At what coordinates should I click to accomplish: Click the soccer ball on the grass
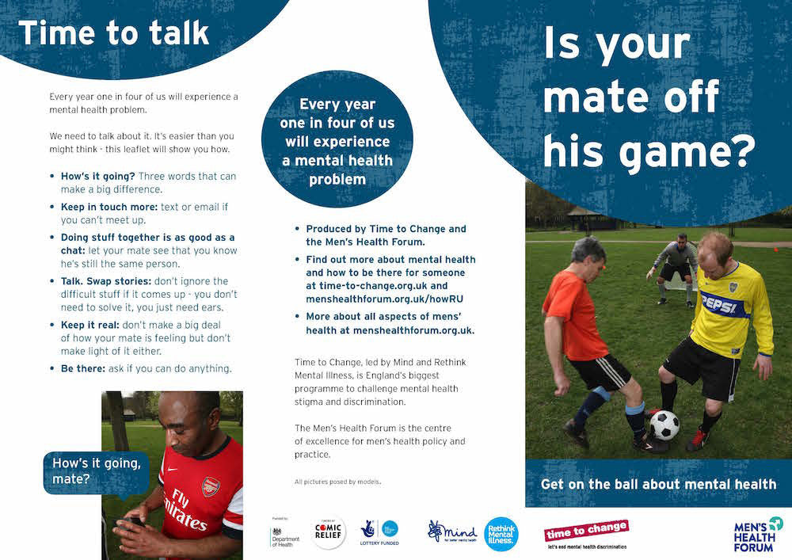pyautogui.click(x=664, y=425)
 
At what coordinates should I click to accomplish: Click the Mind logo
pyautogui.click(x=453, y=531)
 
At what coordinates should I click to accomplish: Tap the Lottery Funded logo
pyautogui.click(x=379, y=533)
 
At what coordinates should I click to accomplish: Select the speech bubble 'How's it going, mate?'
pyautogui.click(x=96, y=471)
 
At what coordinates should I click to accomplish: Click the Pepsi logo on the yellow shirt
pyautogui.click(x=719, y=304)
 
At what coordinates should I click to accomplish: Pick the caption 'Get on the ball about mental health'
pyautogui.click(x=658, y=483)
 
